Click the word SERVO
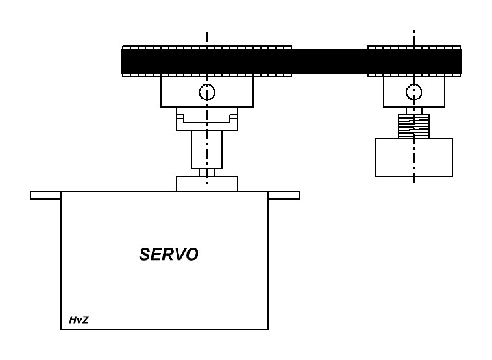(169, 254)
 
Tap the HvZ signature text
(79, 320)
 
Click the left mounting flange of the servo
(45, 195)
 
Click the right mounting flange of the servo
(284, 195)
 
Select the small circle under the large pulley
(207, 92)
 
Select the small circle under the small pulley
(414, 92)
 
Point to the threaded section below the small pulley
(414, 126)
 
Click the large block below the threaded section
(414, 157)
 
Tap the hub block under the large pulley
(207, 92)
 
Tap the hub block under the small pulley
(414, 92)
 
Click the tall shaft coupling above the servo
(207, 150)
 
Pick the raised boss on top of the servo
(207, 184)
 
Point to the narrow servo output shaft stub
(207, 173)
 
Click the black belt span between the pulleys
(330, 61)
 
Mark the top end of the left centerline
(207, 32)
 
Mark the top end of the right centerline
(414, 30)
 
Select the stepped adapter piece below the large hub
(207, 119)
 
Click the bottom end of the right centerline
(414, 182)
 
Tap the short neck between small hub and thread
(414, 111)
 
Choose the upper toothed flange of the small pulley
(414, 47)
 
